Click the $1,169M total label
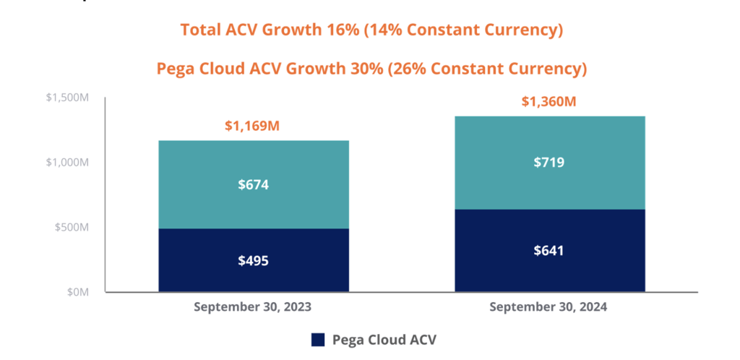point(253,127)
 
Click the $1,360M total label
point(548,102)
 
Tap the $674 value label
point(253,185)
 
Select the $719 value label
point(549,163)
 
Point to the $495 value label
point(253,260)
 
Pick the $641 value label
point(549,251)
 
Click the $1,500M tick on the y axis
point(65,98)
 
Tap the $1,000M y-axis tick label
point(65,163)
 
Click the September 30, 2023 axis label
point(253,307)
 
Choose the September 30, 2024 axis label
point(548,307)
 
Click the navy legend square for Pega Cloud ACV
point(318,340)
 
